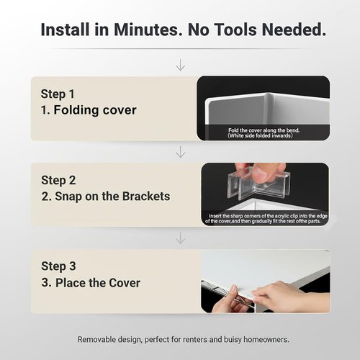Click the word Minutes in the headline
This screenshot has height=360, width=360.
click(148, 30)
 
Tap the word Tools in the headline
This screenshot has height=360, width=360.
click(235, 30)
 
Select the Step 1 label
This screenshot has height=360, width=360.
click(58, 94)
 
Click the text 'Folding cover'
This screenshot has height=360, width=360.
click(95, 110)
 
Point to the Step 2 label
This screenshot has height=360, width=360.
click(58, 181)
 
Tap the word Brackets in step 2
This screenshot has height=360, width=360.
click(146, 197)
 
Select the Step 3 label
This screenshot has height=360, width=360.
click(58, 266)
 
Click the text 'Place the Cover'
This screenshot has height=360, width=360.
click(98, 283)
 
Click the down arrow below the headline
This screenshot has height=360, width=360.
click(181, 65)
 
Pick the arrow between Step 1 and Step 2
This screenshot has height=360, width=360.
click(181, 152)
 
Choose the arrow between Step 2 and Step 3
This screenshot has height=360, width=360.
click(181, 238)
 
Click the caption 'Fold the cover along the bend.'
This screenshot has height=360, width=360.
click(264, 130)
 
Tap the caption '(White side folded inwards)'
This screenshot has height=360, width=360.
click(260, 136)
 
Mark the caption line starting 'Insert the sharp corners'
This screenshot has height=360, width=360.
click(268, 216)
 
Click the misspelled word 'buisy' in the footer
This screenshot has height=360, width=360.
click(233, 340)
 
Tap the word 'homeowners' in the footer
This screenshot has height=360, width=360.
click(266, 340)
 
